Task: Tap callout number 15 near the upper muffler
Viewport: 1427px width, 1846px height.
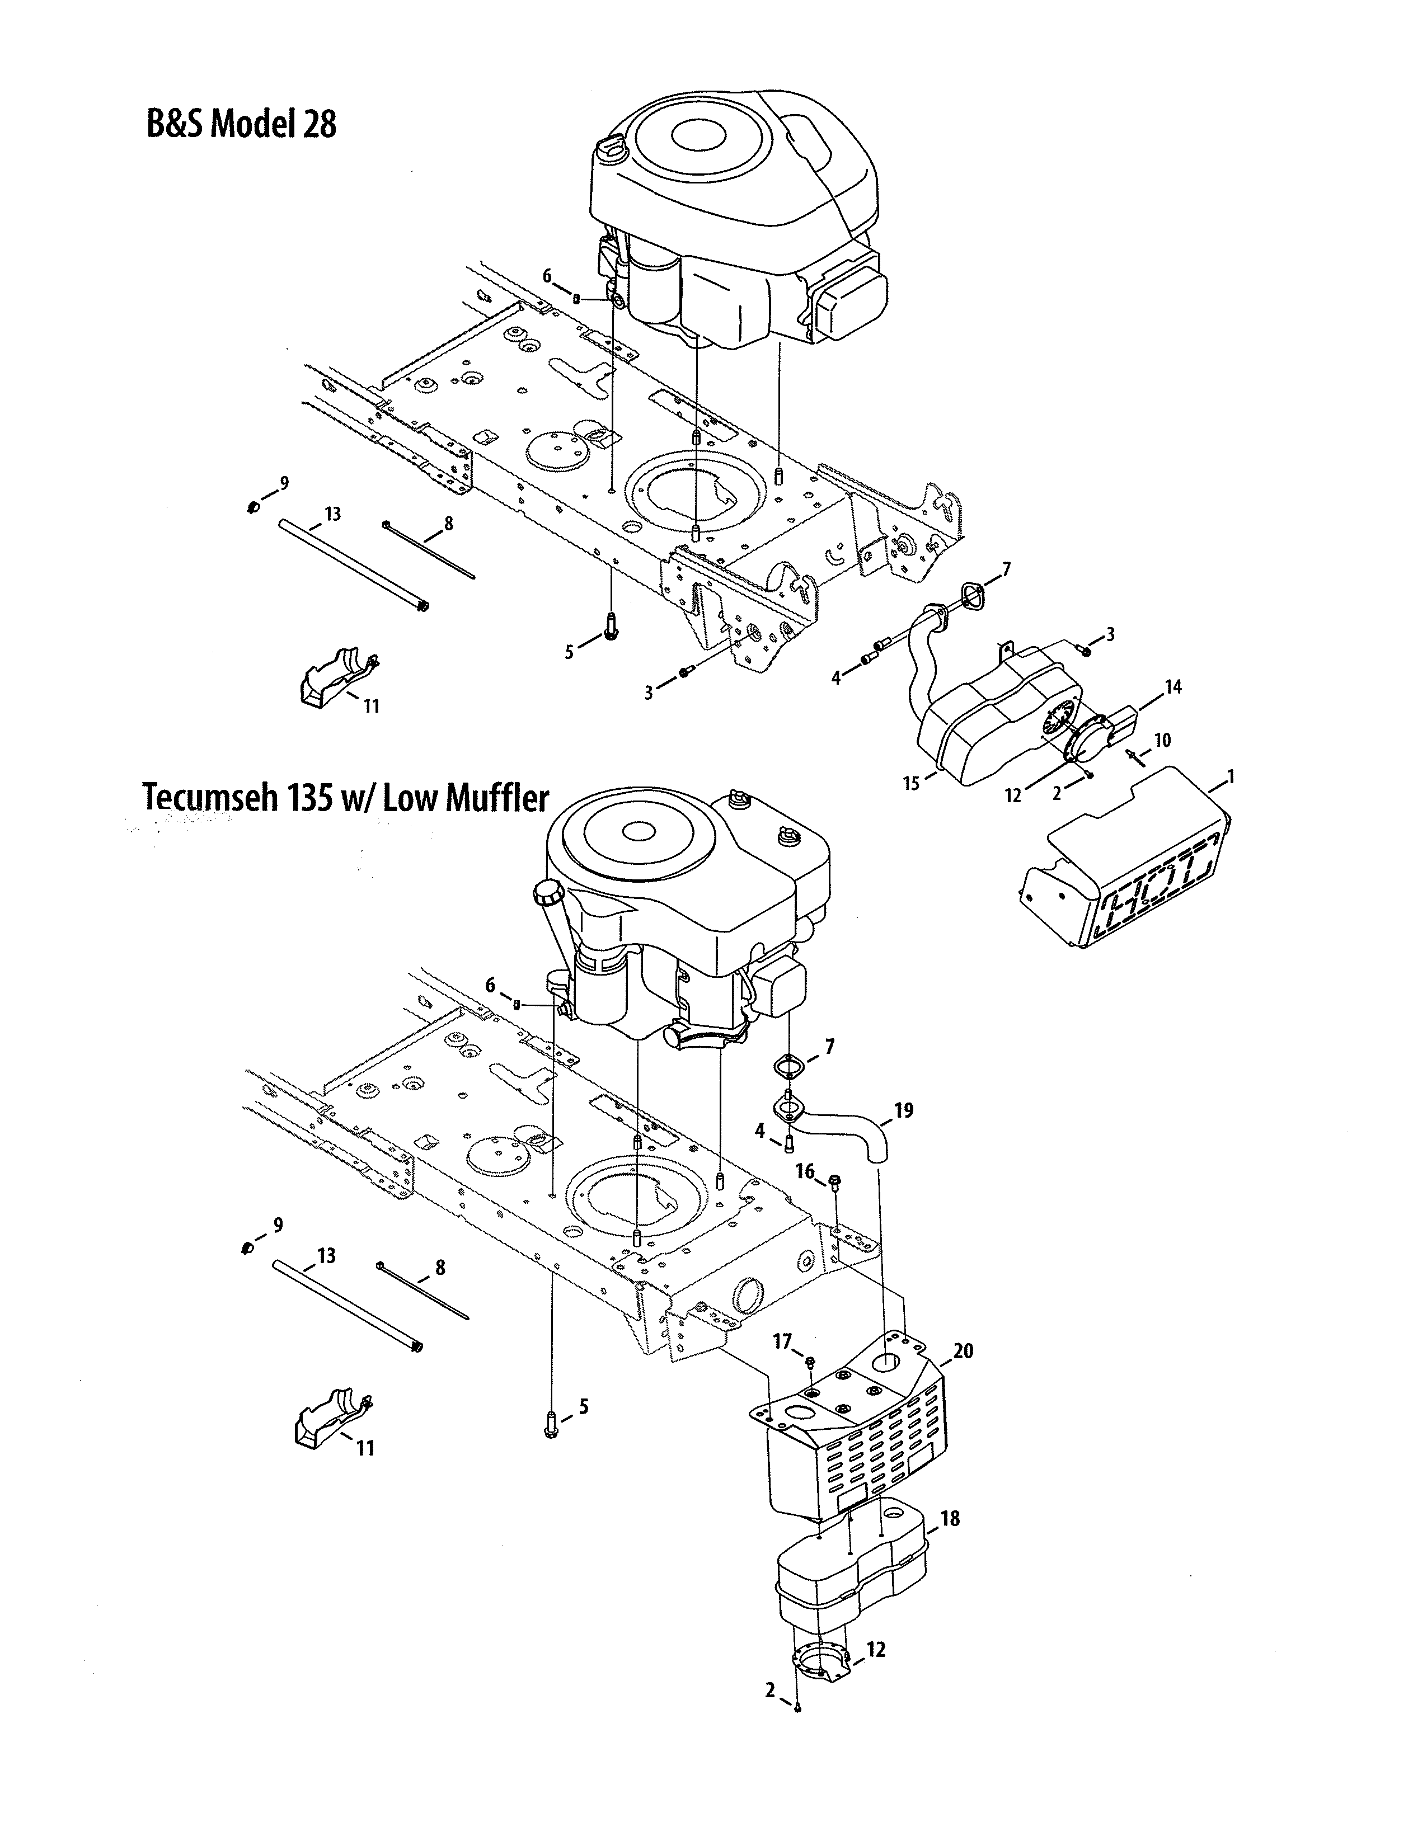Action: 910,784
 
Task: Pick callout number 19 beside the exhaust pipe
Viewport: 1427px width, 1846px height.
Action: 904,1110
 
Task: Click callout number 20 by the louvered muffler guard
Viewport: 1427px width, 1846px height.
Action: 963,1351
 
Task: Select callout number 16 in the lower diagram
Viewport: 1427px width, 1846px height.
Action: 805,1171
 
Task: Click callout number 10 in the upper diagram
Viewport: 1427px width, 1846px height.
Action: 1162,741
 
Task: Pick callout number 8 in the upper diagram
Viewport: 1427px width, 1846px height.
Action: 448,524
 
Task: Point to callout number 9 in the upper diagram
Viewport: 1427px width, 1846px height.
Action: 284,483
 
